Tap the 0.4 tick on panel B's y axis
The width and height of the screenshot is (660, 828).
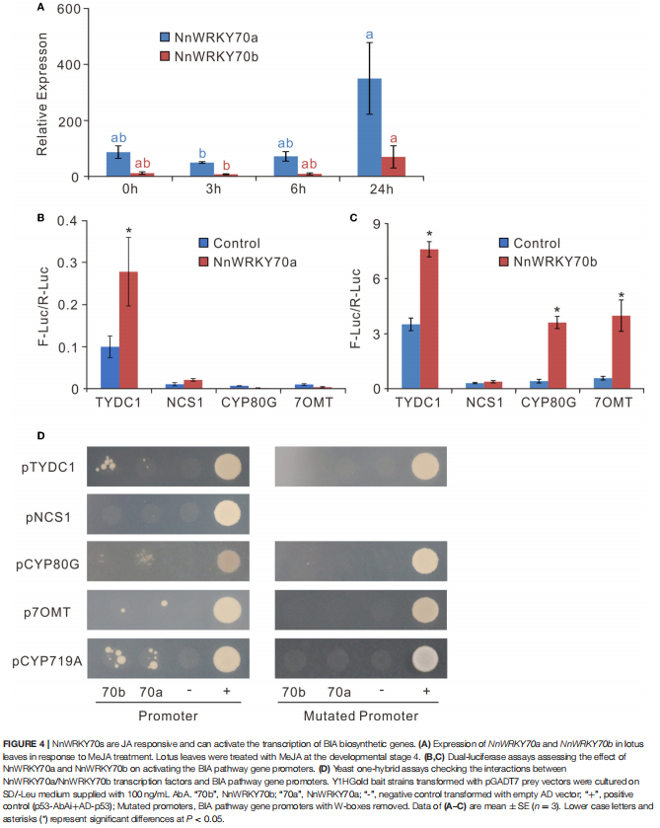(67, 219)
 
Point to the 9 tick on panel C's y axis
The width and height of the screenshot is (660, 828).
(379, 224)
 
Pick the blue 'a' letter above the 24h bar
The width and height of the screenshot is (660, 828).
(369, 36)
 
